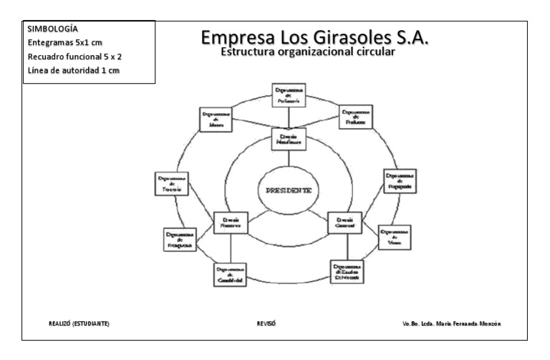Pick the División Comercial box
click(x=347, y=223)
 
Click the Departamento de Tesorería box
click(x=172, y=184)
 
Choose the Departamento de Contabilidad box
click(x=231, y=275)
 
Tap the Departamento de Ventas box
click(x=395, y=236)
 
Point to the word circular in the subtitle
click(x=372, y=52)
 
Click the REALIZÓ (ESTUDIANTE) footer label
click(x=79, y=323)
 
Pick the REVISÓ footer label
click(x=266, y=323)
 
